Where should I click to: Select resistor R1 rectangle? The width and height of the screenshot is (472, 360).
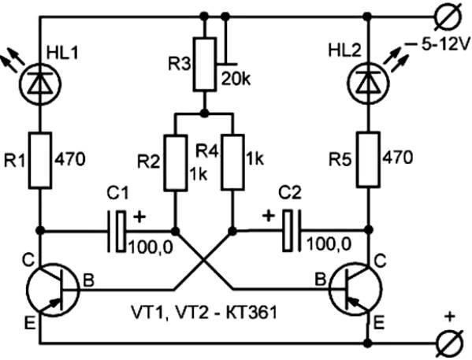pyautogui.click(x=39, y=161)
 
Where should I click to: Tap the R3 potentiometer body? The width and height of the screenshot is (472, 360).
pyautogui.click(x=205, y=64)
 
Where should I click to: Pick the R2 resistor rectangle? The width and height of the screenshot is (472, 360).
pyautogui.click(x=176, y=163)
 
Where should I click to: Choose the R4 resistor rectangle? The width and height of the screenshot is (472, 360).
pyautogui.click(x=232, y=162)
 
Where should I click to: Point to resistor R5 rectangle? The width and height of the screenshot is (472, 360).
pyautogui.click(x=368, y=160)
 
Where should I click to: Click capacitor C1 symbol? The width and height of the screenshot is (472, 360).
pyautogui.click(x=117, y=231)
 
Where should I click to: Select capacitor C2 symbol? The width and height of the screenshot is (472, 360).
pyautogui.click(x=291, y=231)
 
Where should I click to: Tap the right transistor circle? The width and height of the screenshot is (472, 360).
pyautogui.click(x=355, y=289)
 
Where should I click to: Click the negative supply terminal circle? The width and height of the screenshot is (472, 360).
pyautogui.click(x=448, y=18)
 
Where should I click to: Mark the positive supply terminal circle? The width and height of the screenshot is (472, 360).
pyautogui.click(x=450, y=343)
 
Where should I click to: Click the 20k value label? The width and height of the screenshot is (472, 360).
pyautogui.click(x=236, y=79)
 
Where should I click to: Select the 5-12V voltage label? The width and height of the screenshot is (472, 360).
pyautogui.click(x=445, y=46)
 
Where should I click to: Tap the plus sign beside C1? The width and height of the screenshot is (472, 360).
pyautogui.click(x=139, y=217)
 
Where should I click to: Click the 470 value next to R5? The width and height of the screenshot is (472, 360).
pyautogui.click(x=398, y=158)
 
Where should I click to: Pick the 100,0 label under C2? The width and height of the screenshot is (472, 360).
pyautogui.click(x=329, y=244)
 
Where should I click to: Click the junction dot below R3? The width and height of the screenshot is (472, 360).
pyautogui.click(x=205, y=113)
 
